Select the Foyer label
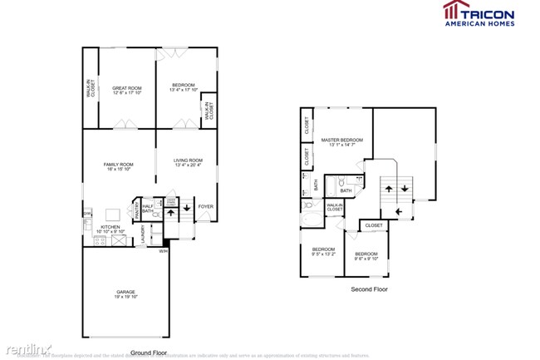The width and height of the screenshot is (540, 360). (x=205, y=206)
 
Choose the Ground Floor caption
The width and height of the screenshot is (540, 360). (x=149, y=353)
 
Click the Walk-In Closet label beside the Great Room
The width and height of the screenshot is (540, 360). (x=91, y=89)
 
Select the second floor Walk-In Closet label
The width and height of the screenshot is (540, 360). (x=335, y=207)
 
